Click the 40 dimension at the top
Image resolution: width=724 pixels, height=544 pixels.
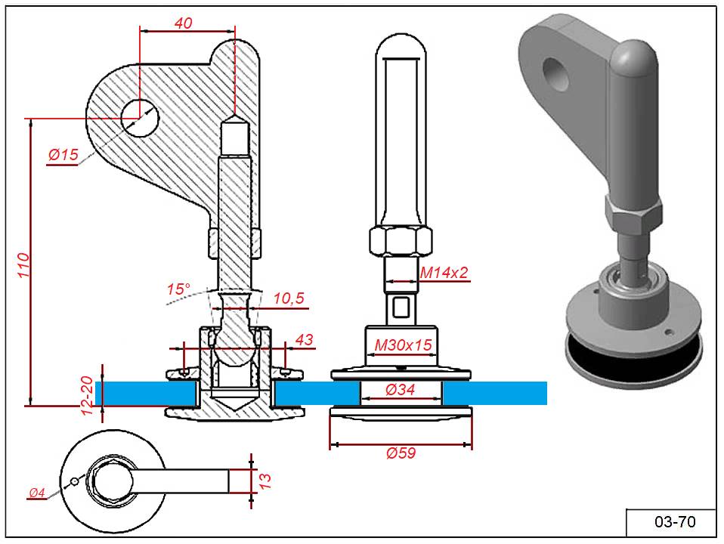[183, 23]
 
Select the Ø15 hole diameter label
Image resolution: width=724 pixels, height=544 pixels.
[63, 155]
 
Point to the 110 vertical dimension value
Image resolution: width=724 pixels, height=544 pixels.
[23, 268]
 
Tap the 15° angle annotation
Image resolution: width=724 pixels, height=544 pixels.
[178, 289]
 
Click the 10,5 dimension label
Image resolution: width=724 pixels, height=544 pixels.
[288, 299]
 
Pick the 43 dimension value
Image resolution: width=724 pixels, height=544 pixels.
[304, 341]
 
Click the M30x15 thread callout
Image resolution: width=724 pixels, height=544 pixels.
[404, 345]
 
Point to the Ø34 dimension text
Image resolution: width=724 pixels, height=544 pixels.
[401, 391]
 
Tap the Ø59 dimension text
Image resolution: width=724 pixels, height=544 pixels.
[401, 453]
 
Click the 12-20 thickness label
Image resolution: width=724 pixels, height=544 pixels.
[88, 396]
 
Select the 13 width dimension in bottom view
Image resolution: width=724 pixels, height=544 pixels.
[265, 481]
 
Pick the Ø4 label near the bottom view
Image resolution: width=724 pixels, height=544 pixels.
[37, 494]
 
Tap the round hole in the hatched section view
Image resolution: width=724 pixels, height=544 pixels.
[140, 119]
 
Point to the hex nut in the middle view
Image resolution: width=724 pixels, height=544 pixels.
[401, 242]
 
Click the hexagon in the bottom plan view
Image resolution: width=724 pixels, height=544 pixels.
[111, 481]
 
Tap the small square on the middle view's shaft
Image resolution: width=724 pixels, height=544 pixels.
[401, 308]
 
